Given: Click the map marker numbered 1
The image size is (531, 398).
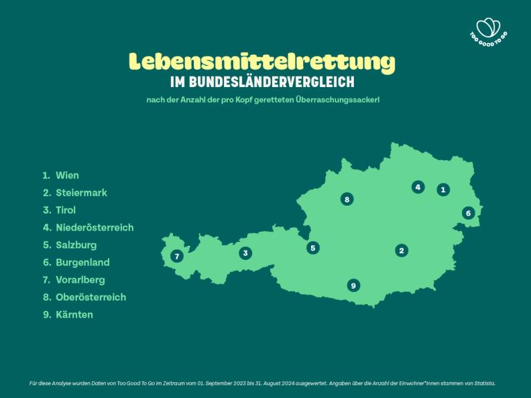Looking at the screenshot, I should pos(443,190).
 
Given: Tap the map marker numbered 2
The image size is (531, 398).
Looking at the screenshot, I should pos(402,251).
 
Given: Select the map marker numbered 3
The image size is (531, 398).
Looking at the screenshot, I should pos(246,253).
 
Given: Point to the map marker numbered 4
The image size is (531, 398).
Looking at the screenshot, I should pos(418,187).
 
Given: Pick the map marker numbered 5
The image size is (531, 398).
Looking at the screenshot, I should pos(313,248).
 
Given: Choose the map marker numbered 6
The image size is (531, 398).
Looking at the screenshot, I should pos(469,213).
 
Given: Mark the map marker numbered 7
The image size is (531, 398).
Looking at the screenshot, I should pos(177,256).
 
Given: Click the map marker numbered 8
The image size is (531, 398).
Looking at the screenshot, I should pos(347,199).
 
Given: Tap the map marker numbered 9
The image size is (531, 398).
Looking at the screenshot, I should pos(353,285).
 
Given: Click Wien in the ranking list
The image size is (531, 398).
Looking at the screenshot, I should pos(67,176).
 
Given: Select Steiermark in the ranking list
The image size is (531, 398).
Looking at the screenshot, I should pos(81,193).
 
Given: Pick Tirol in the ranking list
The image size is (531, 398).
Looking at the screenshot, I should pos(66,210).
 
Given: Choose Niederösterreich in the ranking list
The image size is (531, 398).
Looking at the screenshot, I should pos(95,228).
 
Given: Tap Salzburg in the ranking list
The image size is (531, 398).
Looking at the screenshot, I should pos(76,245).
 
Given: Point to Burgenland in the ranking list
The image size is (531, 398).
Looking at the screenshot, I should pos(82,263).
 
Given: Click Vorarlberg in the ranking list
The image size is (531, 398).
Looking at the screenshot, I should pos(80,280).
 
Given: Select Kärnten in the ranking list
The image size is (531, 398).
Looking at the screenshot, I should pos(74,315).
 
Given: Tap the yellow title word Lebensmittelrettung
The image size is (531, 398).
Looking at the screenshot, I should pos(262,62).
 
